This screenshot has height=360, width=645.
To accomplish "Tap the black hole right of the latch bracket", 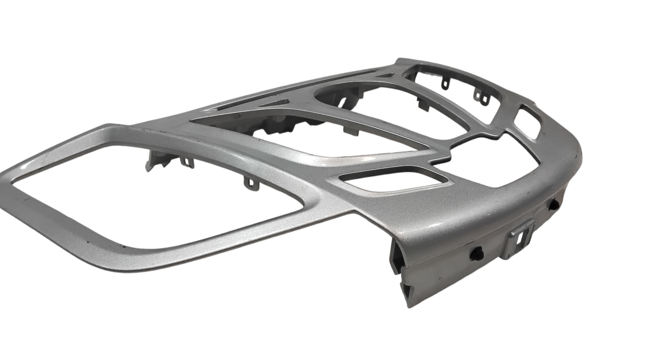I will click(554, 204).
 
